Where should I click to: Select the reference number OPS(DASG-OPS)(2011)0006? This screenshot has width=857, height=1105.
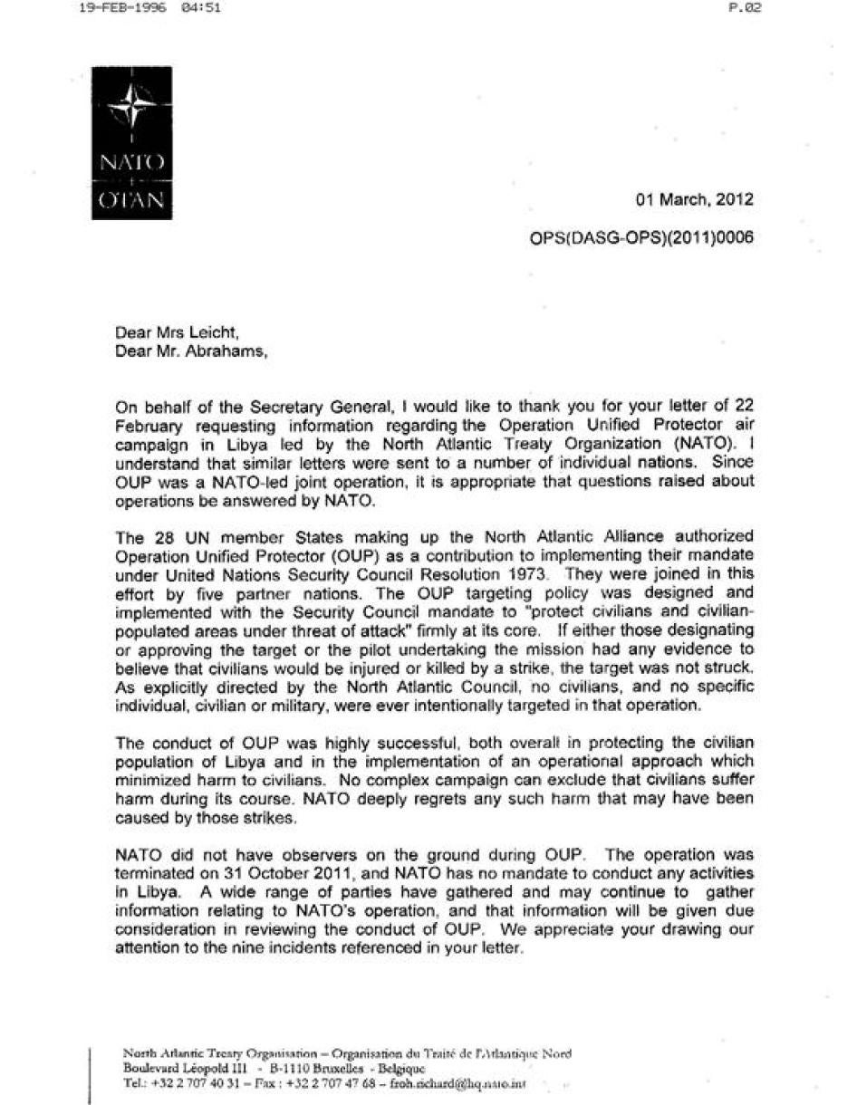tap(641, 238)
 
